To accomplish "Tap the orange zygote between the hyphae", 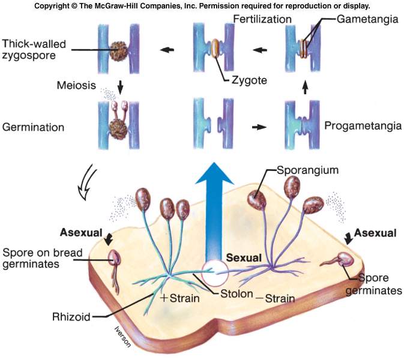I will (214, 49).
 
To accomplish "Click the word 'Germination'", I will (33, 127).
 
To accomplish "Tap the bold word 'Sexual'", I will (244, 257).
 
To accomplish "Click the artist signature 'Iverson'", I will (120, 336).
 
